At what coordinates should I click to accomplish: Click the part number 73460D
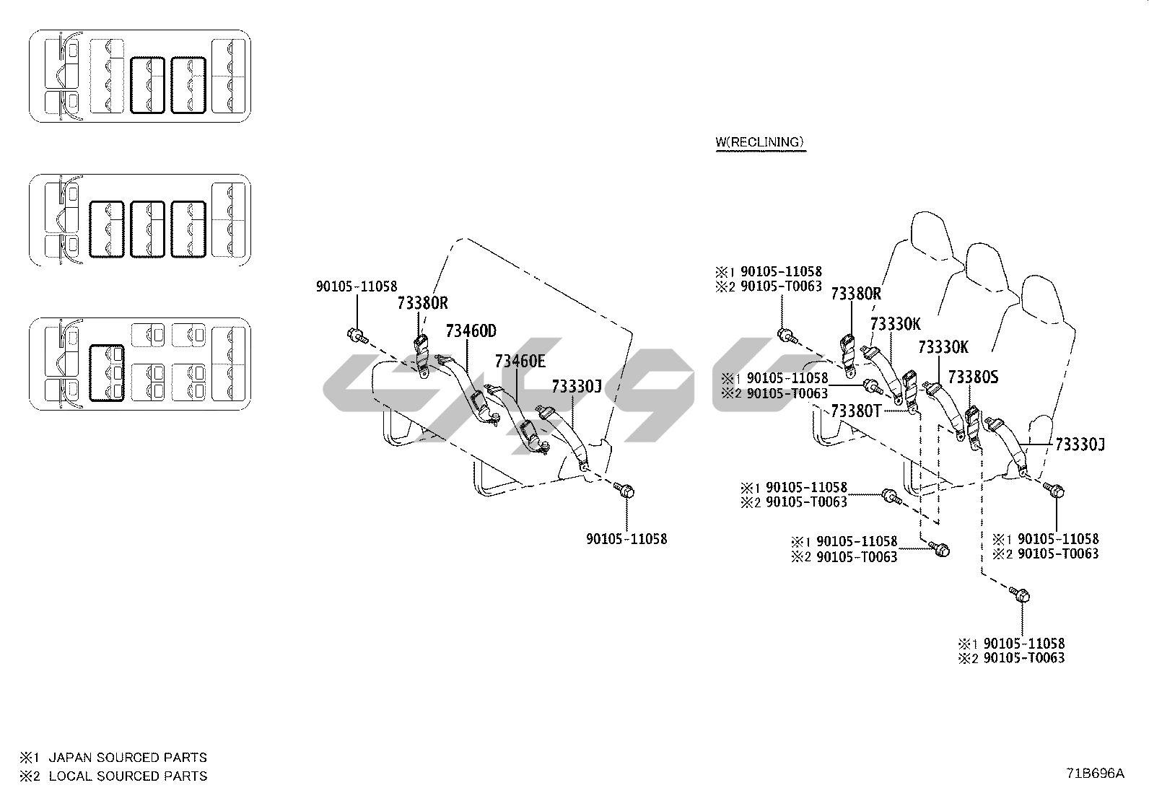pos(471,331)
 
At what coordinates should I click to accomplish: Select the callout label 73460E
pos(520,361)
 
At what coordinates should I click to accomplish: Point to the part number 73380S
pos(973,377)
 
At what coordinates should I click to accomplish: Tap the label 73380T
pos(856,411)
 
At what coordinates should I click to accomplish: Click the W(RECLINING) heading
pos(759,142)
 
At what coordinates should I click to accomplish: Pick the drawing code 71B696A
pos(1096,774)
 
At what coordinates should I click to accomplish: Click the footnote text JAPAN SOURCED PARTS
pos(128,758)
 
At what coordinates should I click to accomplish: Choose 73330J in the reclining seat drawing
pos(1080,444)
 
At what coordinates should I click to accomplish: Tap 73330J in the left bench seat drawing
pos(577,386)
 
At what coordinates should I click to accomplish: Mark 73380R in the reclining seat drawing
pos(856,293)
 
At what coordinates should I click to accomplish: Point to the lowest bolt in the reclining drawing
pos(1021,595)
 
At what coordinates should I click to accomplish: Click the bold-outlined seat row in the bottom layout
pos(106,372)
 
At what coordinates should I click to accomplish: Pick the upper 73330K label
pos(895,324)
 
